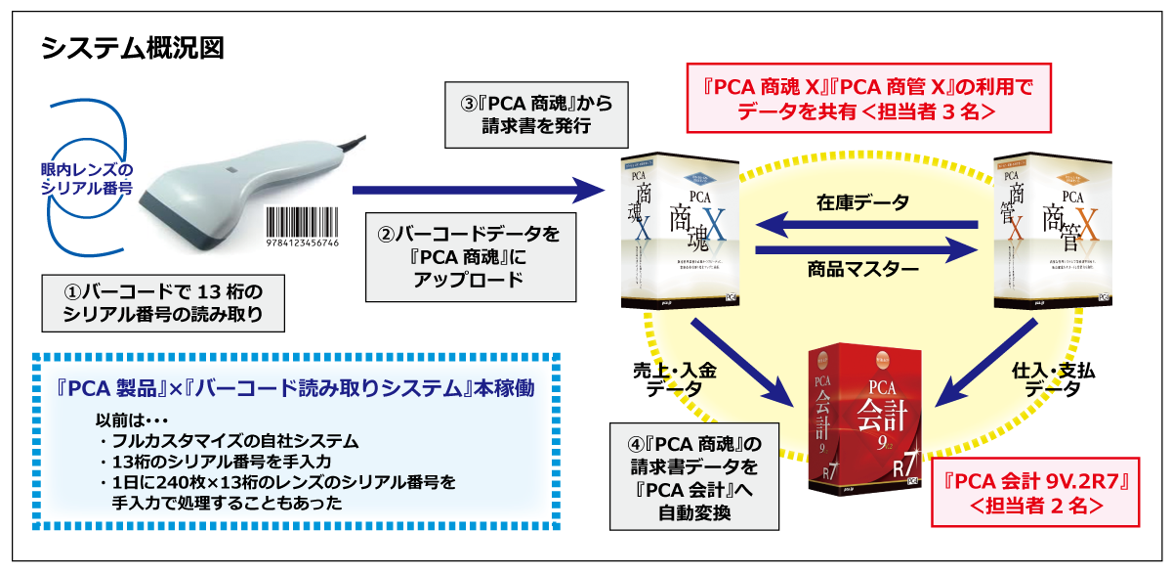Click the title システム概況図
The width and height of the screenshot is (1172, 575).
133,48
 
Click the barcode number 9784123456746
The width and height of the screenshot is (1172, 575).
303,242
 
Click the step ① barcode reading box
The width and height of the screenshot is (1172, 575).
164,301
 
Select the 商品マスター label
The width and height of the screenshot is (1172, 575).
862,268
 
